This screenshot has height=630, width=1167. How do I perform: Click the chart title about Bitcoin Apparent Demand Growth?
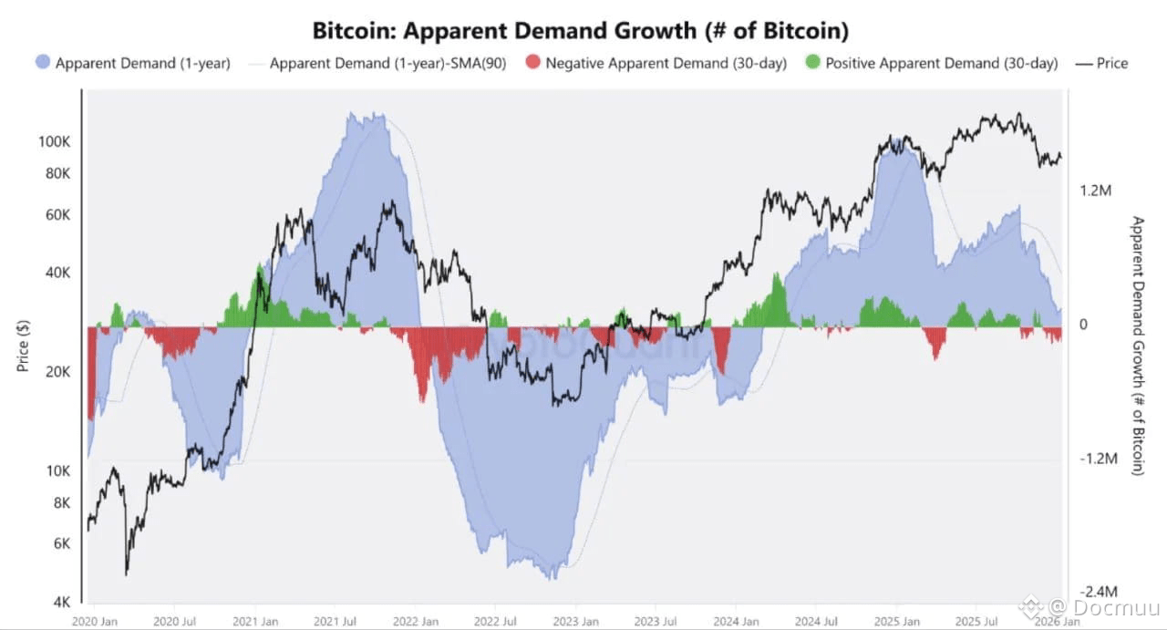point(581,30)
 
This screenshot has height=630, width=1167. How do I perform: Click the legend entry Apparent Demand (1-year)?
point(142,63)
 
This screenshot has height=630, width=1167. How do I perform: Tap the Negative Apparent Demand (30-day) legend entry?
point(666,63)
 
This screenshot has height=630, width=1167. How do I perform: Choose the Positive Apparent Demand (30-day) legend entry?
point(942,63)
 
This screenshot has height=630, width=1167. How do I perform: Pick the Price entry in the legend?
point(1112,63)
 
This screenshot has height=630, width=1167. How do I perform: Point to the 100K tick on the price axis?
point(55,142)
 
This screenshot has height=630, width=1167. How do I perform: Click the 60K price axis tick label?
point(57,215)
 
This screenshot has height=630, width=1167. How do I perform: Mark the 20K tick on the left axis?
point(57,372)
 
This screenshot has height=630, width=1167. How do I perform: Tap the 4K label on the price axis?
point(61,602)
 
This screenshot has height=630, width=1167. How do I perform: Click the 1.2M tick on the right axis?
point(1096,191)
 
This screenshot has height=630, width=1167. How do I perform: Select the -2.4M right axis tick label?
point(1097,593)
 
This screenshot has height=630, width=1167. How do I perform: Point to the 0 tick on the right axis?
point(1084,325)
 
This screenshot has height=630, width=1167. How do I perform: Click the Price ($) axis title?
point(24,346)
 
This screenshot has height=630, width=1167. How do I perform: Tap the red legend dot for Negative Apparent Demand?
point(532,63)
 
